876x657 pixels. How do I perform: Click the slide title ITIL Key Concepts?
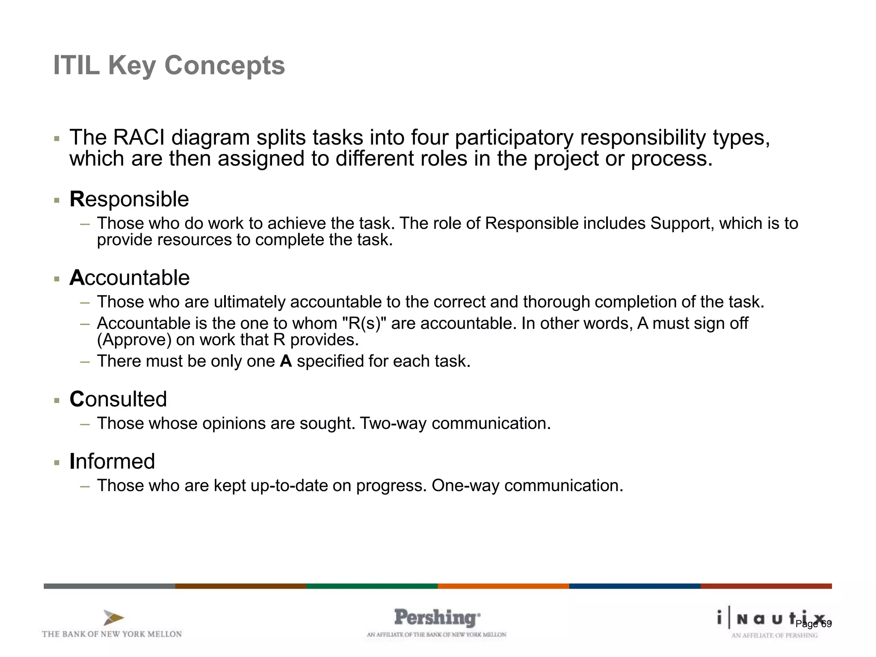tap(169, 65)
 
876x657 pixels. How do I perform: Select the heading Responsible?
tap(129, 199)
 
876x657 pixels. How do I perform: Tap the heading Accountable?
tap(130, 278)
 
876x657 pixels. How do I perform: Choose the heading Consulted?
tap(118, 400)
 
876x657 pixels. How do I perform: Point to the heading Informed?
tap(112, 462)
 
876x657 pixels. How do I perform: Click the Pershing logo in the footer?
tap(437, 618)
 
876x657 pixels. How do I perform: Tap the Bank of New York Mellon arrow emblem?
tap(113, 618)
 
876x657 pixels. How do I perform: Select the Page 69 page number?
tap(813, 624)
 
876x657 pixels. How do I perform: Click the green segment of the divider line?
tap(372, 586)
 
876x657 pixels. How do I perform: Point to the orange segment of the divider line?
tap(503, 586)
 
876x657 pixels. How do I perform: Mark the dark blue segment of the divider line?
tap(634, 586)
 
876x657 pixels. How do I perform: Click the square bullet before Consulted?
tap(57, 401)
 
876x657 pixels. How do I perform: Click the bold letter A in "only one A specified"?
tap(286, 361)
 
